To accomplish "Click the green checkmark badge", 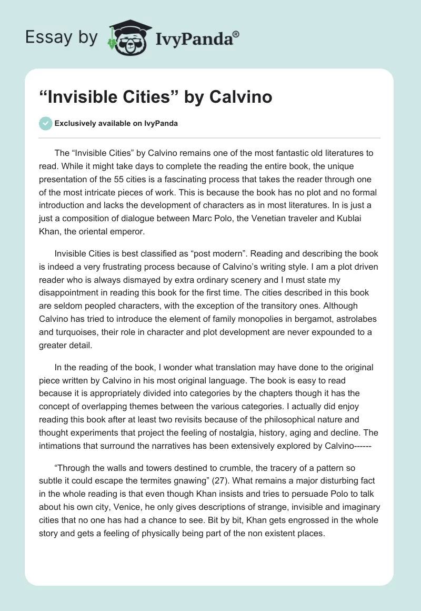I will (45, 123).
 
